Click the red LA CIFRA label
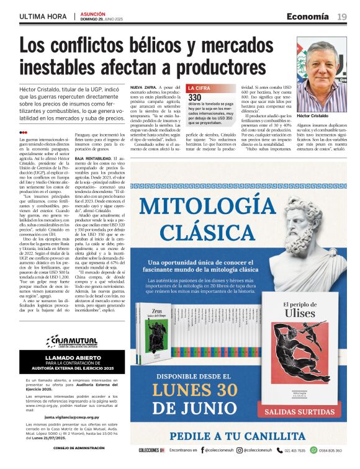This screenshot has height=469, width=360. point(200,89)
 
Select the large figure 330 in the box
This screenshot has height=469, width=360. point(195,97)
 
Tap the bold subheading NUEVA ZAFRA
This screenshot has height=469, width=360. point(142,87)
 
